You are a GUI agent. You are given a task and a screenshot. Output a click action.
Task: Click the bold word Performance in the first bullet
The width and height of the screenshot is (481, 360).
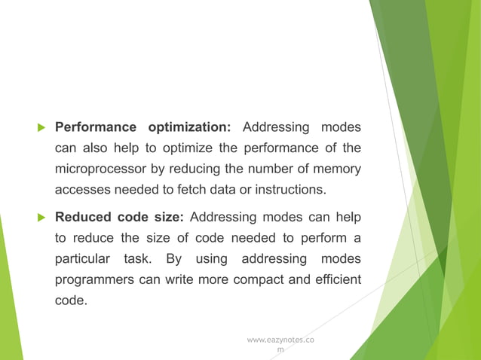tap(96, 126)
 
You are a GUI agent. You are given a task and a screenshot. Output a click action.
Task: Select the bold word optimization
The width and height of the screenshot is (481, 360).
tap(191, 126)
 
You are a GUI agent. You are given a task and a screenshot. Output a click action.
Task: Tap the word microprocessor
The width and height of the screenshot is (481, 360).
tap(103, 168)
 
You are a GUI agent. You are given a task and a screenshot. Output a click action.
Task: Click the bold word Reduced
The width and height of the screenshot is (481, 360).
tap(83, 218)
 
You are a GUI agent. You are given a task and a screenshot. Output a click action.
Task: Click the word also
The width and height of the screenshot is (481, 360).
tap(96, 147)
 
